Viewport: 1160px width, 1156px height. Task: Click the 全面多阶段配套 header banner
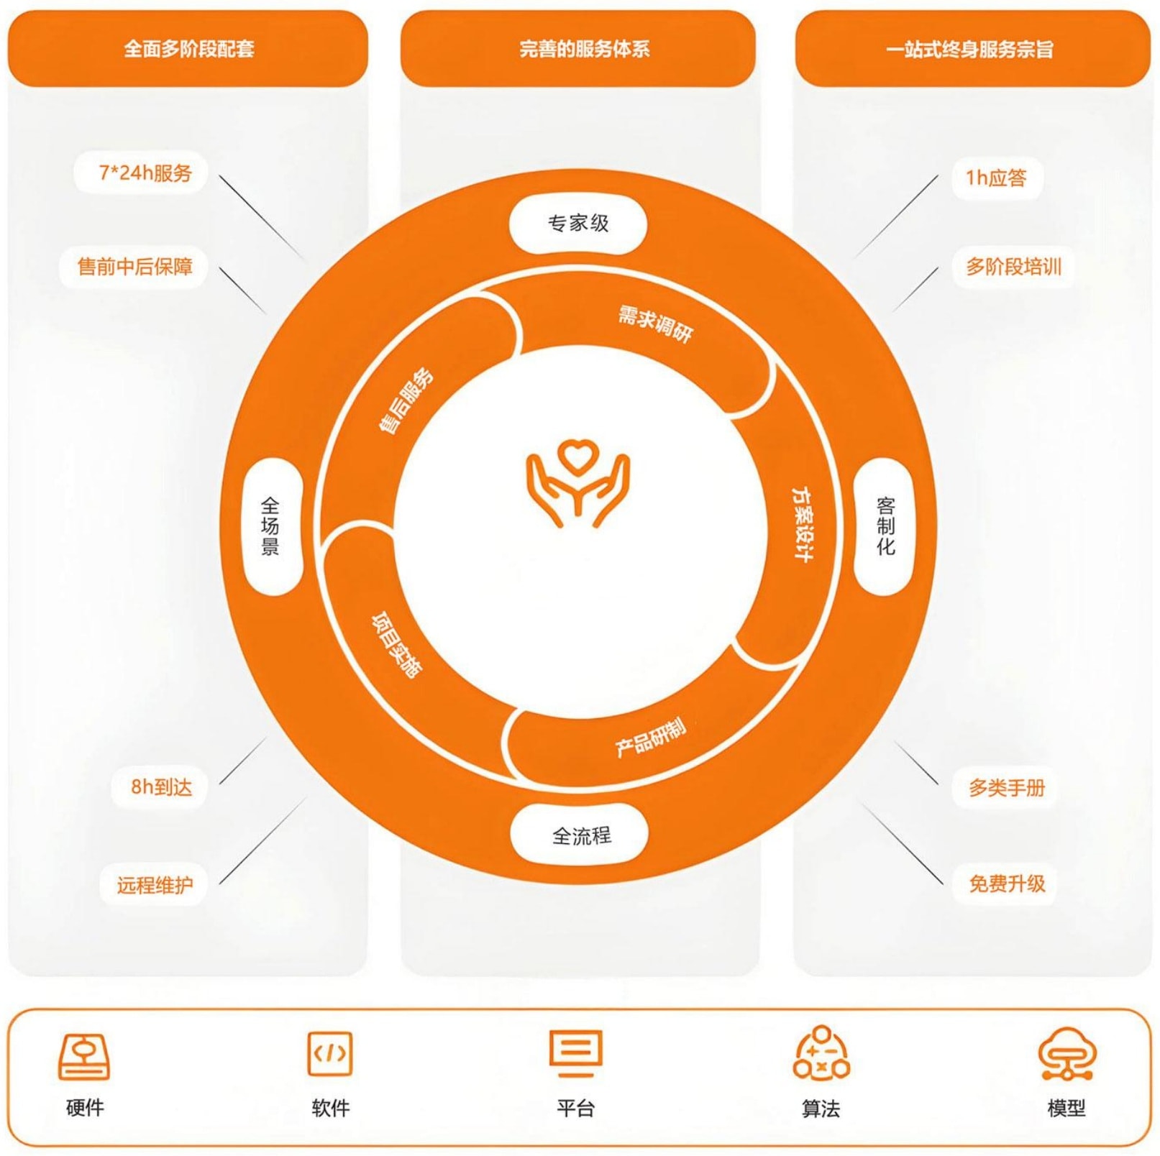(188, 48)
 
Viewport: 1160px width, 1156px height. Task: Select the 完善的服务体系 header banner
(578, 48)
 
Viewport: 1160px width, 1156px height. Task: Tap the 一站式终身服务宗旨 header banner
(972, 48)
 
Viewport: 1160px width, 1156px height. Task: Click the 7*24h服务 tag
(141, 173)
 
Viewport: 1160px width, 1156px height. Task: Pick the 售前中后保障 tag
(134, 267)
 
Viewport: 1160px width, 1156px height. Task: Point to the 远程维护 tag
(154, 884)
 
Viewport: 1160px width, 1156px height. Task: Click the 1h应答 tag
(997, 178)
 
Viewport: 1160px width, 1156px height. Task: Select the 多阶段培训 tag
(1013, 267)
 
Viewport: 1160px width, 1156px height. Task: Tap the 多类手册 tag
(1005, 788)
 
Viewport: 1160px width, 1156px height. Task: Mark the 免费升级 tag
(1005, 884)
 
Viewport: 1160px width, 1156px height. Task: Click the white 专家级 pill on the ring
(578, 224)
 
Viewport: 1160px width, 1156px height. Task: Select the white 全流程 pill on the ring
(580, 835)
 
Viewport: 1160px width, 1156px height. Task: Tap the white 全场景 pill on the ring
(272, 527)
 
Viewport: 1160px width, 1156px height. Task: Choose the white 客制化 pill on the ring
(884, 527)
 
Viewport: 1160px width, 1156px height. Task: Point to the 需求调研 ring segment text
(655, 324)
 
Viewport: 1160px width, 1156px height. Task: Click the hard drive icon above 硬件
(84, 1057)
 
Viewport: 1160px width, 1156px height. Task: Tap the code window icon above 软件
(330, 1053)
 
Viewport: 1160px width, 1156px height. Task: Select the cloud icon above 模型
(1067, 1054)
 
